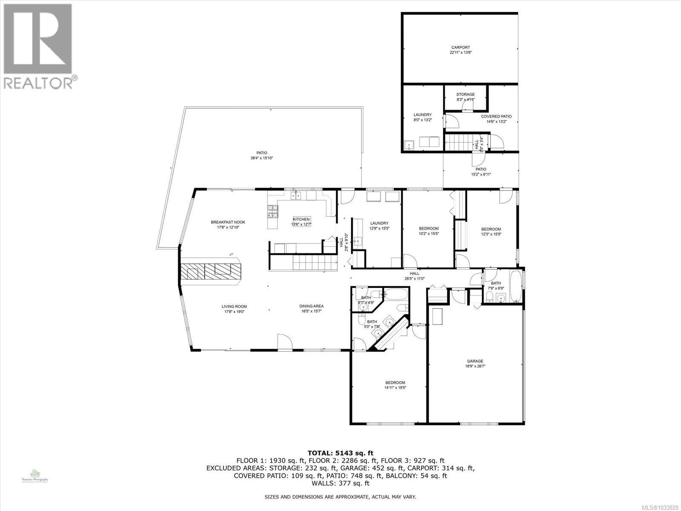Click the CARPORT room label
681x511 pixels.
(x=461, y=48)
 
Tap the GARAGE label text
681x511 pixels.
(x=474, y=361)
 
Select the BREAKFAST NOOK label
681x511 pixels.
(x=228, y=222)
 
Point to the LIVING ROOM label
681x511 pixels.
(x=234, y=307)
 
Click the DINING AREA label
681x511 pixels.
(x=312, y=306)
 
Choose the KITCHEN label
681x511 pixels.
(x=301, y=219)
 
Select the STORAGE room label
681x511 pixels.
(x=465, y=95)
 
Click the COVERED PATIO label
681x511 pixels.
(x=496, y=116)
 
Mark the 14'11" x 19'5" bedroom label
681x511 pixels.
(x=395, y=382)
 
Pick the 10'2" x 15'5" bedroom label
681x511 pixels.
(x=428, y=229)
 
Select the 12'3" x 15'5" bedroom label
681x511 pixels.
(x=491, y=229)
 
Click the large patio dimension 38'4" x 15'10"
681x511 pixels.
(x=261, y=158)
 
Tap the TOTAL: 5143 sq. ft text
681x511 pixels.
(x=340, y=453)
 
